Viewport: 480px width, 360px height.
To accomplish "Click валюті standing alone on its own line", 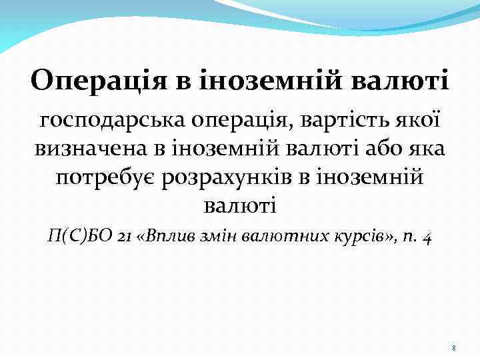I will [239, 206].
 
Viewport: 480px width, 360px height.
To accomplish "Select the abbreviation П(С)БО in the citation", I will [74, 236].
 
